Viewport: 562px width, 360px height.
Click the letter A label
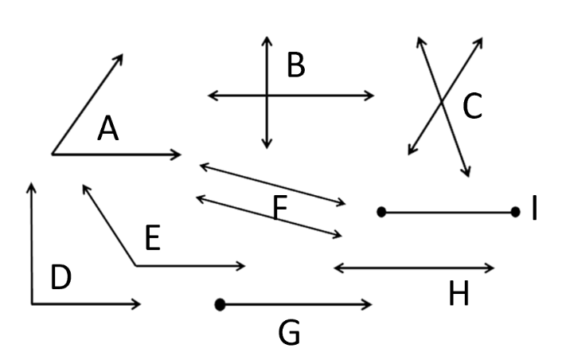click(108, 129)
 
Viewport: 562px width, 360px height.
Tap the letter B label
click(295, 66)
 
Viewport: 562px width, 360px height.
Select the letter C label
click(472, 107)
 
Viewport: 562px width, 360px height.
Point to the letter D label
click(60, 278)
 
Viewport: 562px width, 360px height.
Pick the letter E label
click(153, 238)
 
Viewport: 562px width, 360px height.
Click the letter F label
click(279, 209)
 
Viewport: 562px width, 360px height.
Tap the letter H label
click(459, 295)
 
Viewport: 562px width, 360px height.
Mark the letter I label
click(535, 210)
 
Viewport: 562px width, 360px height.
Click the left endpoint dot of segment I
click(382, 212)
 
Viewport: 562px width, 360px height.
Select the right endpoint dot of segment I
click(515, 212)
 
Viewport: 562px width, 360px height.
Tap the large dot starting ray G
click(221, 304)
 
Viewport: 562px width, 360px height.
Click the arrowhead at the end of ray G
click(369, 304)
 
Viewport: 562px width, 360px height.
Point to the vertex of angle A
click(53, 154)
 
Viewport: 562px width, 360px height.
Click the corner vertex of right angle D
click(32, 303)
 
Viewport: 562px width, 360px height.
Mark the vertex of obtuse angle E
click(135, 266)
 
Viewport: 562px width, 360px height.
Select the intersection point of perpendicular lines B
click(267, 96)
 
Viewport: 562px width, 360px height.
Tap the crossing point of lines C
click(442, 101)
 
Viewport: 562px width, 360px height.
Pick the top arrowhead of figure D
click(32, 186)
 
